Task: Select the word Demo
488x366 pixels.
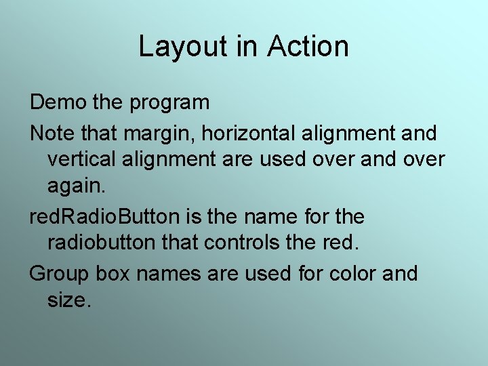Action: [58, 103]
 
